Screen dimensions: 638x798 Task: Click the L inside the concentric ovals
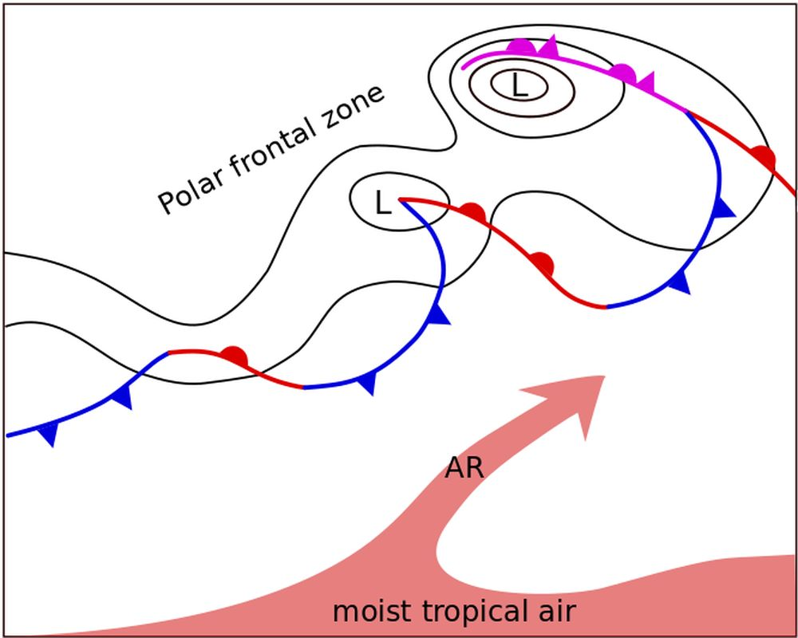519,85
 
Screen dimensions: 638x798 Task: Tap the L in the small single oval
383,204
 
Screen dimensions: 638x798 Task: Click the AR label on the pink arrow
464,468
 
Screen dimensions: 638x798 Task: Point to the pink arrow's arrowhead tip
604,376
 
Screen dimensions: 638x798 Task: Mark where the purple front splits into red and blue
686,112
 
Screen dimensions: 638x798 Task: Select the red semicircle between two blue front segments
234,356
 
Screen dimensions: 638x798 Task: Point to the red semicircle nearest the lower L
472,212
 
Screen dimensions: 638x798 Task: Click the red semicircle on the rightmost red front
764,156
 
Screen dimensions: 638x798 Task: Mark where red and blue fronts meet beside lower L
400,199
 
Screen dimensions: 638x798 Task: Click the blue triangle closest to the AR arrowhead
679,281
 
